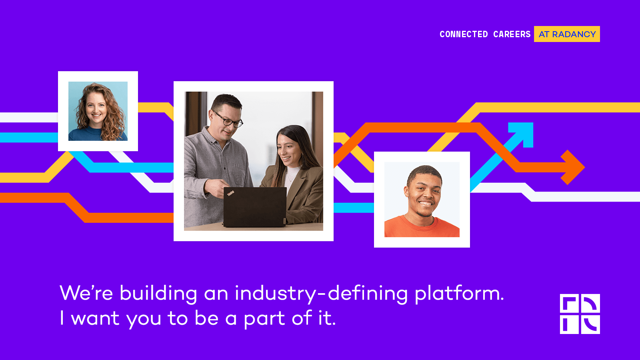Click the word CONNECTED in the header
[464, 34]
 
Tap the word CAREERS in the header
[512, 34]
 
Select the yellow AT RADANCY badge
[567, 34]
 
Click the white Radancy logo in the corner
[580, 314]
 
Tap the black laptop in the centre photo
[255, 206]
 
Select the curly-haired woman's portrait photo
[98, 111]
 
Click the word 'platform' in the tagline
[459, 294]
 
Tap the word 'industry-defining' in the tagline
[321, 294]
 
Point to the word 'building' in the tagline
[158, 294]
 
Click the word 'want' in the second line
[95, 319]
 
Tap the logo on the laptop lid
[231, 193]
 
